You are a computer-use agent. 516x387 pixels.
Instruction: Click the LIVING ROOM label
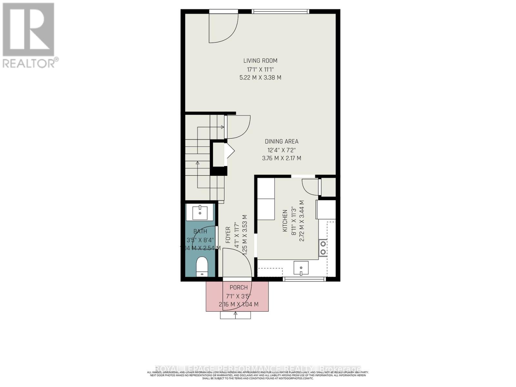(x=260, y=61)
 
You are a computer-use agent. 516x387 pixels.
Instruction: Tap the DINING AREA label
(x=282, y=142)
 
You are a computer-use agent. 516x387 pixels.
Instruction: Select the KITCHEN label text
(x=285, y=221)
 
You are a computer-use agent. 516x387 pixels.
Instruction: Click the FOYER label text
(x=228, y=235)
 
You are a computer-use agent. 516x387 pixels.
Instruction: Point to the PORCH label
(x=239, y=288)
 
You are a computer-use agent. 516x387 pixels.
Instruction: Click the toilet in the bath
(x=202, y=266)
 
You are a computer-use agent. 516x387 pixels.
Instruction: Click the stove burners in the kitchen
(x=323, y=248)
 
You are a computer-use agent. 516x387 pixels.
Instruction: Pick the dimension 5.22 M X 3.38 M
(x=260, y=78)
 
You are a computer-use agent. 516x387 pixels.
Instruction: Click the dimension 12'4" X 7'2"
(x=282, y=150)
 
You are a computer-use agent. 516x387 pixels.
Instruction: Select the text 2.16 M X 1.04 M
(x=239, y=304)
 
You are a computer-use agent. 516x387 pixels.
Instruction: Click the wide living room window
(x=280, y=12)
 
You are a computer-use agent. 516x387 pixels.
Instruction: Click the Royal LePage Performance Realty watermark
(x=258, y=369)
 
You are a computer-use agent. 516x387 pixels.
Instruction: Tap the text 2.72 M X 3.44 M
(x=302, y=221)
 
